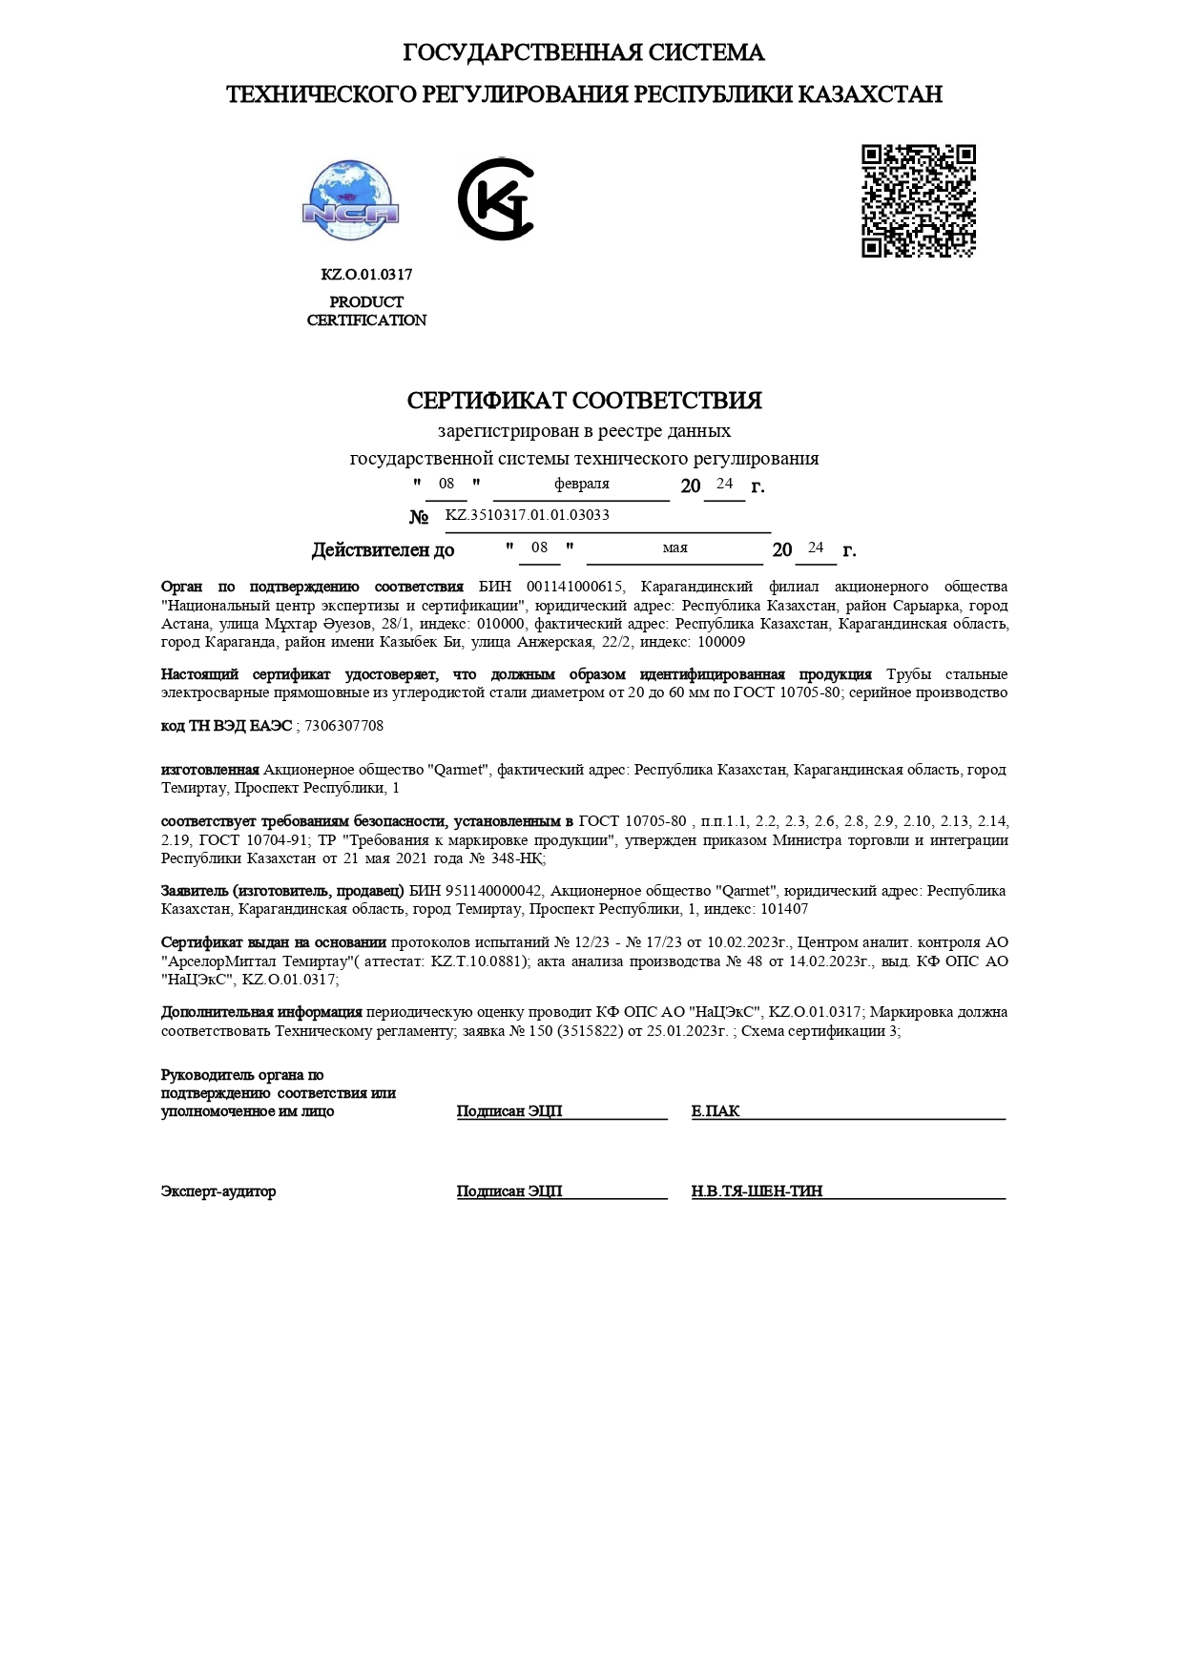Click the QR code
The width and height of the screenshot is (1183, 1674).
click(918, 201)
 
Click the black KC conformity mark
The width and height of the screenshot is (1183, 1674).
click(495, 199)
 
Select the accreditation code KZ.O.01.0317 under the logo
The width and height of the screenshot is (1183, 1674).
click(366, 275)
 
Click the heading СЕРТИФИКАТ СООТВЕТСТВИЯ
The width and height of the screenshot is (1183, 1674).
click(584, 401)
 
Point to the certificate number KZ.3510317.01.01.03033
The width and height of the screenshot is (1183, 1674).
click(527, 515)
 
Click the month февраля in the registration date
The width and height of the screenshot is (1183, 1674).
click(581, 484)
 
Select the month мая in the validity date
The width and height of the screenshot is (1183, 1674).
click(675, 548)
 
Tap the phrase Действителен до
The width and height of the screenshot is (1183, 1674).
click(383, 550)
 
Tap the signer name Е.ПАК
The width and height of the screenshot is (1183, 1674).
click(716, 1111)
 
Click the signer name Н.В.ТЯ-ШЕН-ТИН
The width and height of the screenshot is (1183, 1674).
click(757, 1191)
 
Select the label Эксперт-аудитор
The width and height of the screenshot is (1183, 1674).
click(218, 1191)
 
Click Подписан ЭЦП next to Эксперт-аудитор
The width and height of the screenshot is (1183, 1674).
click(509, 1191)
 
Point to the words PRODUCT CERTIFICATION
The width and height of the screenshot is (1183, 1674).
click(366, 311)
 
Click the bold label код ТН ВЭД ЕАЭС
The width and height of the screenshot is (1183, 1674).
click(227, 726)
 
